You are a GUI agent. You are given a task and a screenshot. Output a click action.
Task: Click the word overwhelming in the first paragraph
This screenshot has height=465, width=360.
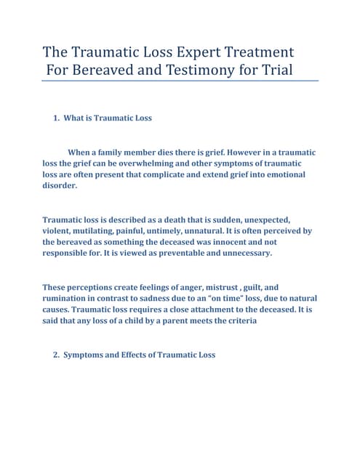click(161, 164)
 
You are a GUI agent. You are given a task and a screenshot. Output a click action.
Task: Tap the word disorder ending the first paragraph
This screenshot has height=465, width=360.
click(60, 186)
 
